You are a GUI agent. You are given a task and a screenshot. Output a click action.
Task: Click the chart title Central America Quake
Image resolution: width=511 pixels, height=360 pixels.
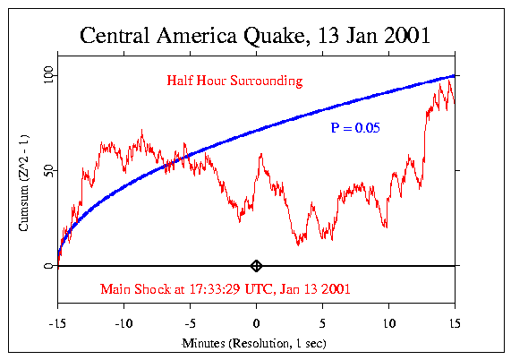pyautogui.click(x=255, y=37)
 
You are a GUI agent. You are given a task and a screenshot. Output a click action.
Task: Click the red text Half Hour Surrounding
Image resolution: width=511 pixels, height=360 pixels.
pyautogui.click(x=234, y=81)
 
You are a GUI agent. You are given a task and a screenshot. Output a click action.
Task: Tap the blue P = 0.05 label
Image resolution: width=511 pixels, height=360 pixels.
pyautogui.click(x=355, y=128)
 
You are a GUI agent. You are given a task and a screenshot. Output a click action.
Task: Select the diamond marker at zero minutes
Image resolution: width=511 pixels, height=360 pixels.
pyautogui.click(x=257, y=266)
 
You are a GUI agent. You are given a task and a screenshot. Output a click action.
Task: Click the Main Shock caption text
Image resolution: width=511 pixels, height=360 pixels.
pyautogui.click(x=225, y=289)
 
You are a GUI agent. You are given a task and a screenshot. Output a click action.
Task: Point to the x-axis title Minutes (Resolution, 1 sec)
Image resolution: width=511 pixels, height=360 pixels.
pyautogui.click(x=256, y=344)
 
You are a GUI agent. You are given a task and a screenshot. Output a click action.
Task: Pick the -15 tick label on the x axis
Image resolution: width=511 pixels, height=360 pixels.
pyautogui.click(x=57, y=323)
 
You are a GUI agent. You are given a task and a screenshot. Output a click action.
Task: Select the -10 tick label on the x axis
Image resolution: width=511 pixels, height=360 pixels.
pyautogui.click(x=123, y=323)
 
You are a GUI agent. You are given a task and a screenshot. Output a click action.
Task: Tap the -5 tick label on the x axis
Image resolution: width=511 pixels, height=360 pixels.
pyautogui.click(x=190, y=323)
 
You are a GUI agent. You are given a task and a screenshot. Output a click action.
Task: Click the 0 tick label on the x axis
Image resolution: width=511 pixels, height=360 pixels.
pyautogui.click(x=257, y=323)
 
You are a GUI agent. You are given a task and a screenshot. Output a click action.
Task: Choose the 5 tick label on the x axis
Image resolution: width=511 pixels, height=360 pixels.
pyautogui.click(x=323, y=323)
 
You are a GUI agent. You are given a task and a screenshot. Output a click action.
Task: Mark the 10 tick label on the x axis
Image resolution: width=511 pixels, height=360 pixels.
pyautogui.click(x=389, y=323)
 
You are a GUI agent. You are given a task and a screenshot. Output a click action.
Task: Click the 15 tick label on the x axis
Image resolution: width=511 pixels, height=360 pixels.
pyautogui.click(x=456, y=323)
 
